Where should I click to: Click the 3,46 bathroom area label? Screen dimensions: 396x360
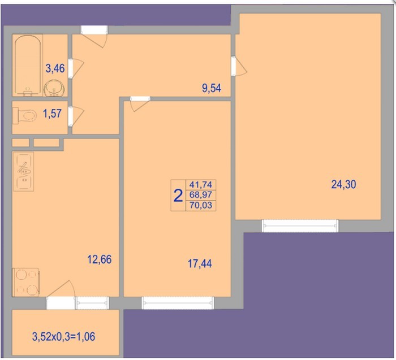click(x=55, y=68)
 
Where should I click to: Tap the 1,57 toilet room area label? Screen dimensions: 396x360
click(x=52, y=113)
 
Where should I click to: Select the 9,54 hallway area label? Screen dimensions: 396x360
click(x=212, y=88)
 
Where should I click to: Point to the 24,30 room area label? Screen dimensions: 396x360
click(x=343, y=184)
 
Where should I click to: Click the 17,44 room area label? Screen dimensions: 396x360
click(x=200, y=263)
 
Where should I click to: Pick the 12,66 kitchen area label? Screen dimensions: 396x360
click(x=99, y=259)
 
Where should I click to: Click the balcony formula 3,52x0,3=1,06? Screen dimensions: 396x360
click(x=63, y=336)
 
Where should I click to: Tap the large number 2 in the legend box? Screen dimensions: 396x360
click(x=178, y=196)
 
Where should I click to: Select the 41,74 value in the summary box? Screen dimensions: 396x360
click(x=201, y=185)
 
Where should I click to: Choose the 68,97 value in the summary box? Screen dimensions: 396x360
click(x=201, y=195)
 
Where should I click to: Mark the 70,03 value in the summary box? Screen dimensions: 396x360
click(x=201, y=205)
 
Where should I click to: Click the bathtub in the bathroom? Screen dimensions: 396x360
click(x=28, y=66)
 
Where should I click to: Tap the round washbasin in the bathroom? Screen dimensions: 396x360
click(x=54, y=89)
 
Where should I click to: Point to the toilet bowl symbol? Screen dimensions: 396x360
click(x=25, y=116)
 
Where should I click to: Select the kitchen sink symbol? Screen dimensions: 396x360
click(x=24, y=172)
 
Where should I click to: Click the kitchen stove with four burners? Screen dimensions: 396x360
click(x=26, y=283)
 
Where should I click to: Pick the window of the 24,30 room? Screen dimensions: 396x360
click(x=300, y=225)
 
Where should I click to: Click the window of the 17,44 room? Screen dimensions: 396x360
click(x=178, y=303)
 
